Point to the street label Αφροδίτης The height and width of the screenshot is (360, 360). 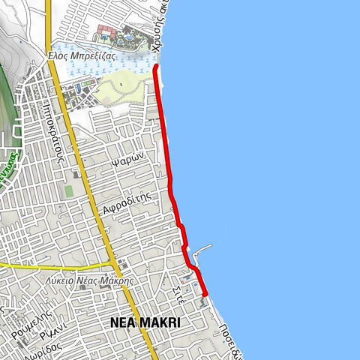pyautogui.click(x=129, y=201)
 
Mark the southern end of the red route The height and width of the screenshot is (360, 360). pyautogui.click(x=205, y=295)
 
